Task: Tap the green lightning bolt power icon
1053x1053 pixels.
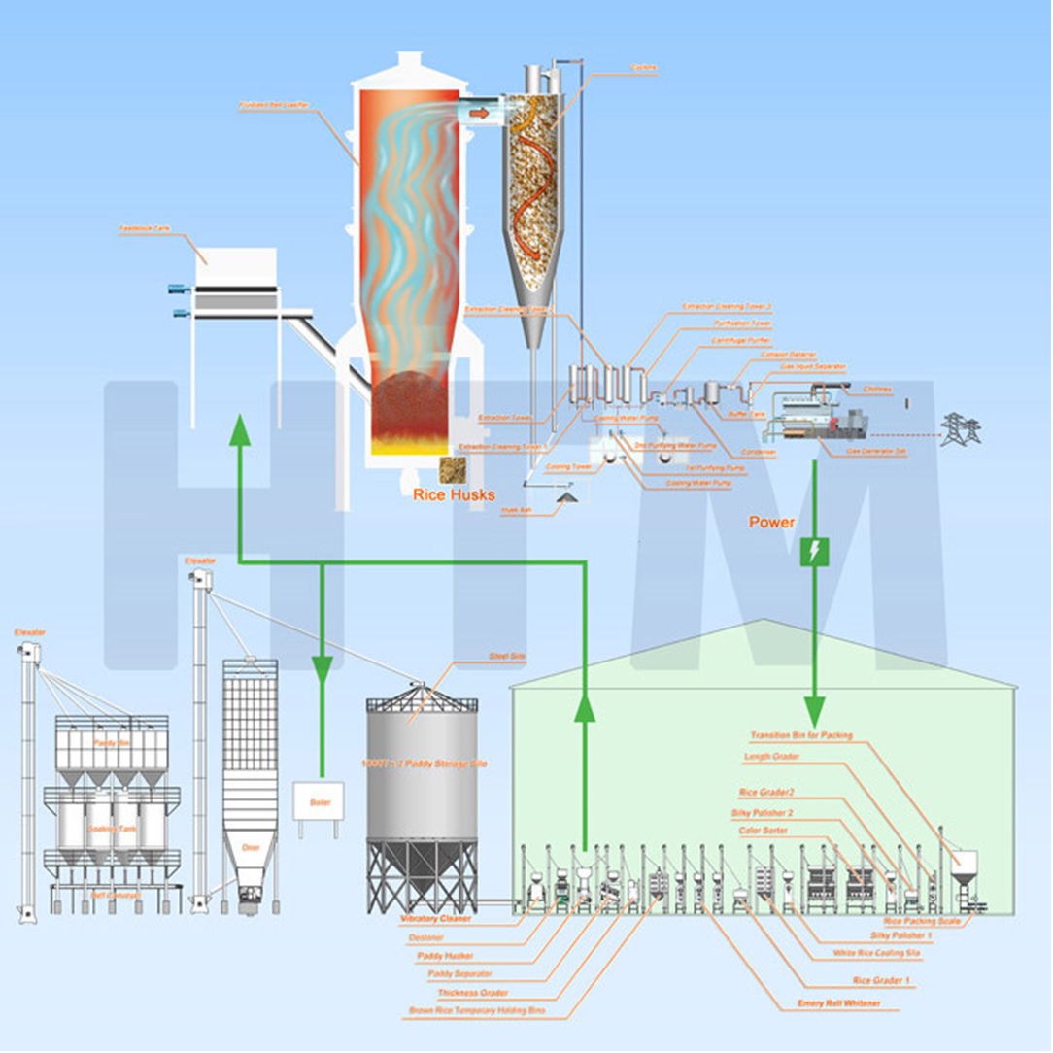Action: coord(814,554)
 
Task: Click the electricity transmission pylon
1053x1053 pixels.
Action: coord(961,427)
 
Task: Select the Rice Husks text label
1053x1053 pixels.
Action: coord(454,495)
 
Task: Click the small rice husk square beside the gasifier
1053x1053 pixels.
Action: coord(450,469)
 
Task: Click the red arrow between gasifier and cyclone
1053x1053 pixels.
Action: coord(479,114)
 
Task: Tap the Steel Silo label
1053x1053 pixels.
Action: coord(506,658)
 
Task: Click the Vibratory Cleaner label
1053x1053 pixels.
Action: coord(436,917)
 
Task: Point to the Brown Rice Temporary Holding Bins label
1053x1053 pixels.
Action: coord(466,1012)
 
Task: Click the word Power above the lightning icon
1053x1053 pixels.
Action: coord(772,523)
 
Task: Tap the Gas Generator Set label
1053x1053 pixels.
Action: coord(877,451)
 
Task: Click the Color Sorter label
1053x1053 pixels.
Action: coord(763,831)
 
